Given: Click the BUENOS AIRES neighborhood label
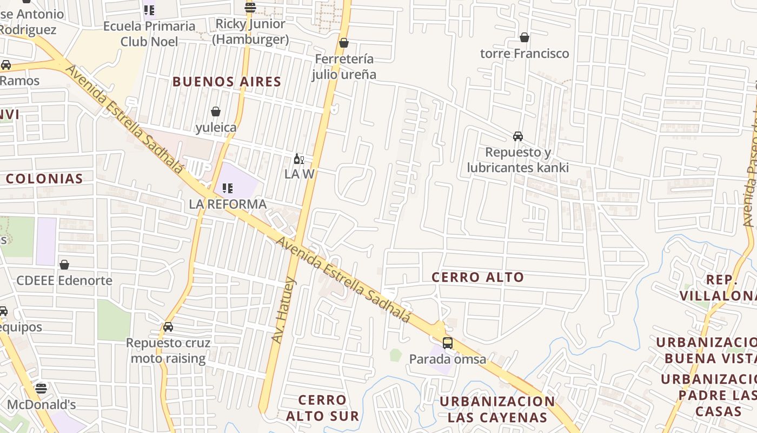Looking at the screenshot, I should [227, 82].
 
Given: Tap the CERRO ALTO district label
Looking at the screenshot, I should [478, 278].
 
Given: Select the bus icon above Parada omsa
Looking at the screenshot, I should [448, 343].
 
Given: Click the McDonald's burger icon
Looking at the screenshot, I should [41, 388].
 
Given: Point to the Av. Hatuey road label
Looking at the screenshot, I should [283, 311].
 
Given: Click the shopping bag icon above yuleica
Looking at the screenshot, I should [216, 111].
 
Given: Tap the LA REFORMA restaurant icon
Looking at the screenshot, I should [228, 188].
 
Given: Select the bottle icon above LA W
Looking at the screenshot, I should [298, 159].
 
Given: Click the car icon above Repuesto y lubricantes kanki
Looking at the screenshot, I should [518, 136].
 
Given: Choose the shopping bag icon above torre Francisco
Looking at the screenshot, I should [524, 37].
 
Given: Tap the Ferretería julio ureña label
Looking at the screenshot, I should [344, 67].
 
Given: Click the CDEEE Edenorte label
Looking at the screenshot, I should [64, 280].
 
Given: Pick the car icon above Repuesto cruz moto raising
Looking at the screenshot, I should [168, 327].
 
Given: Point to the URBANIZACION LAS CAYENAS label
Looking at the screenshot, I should [497, 409].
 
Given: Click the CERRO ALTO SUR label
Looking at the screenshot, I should [322, 408].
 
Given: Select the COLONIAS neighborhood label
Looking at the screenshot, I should [44, 179].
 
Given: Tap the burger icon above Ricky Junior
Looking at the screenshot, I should [250, 8].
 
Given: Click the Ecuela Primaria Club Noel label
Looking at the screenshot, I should [149, 34].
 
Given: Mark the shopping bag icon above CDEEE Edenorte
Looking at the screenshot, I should [64, 265].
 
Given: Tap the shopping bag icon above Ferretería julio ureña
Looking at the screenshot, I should [344, 43].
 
